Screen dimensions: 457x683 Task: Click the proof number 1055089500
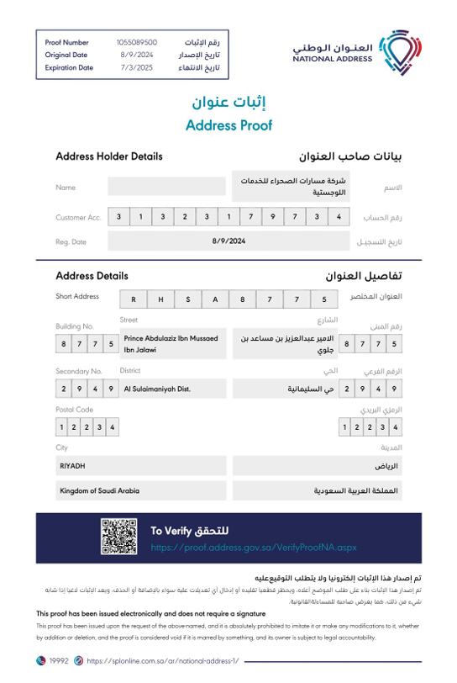click(x=136, y=41)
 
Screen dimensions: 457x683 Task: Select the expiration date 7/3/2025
click(x=136, y=67)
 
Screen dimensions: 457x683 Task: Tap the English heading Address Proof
click(x=228, y=126)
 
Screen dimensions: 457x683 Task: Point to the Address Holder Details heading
click(x=109, y=156)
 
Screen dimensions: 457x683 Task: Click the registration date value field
click(x=228, y=241)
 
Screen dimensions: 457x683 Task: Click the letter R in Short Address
click(x=133, y=299)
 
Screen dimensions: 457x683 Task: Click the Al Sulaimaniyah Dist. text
click(x=157, y=389)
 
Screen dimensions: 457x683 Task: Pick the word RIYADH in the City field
click(x=72, y=465)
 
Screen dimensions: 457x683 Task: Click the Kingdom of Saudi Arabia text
click(x=99, y=490)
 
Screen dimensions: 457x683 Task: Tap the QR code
click(x=118, y=538)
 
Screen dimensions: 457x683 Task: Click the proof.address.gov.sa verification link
click(x=254, y=547)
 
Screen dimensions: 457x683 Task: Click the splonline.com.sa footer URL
click(x=162, y=661)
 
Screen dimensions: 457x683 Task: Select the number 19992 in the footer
click(x=59, y=661)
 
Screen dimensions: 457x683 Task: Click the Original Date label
click(x=66, y=55)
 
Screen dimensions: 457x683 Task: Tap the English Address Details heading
click(x=92, y=275)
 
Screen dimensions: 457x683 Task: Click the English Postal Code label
click(x=74, y=410)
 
